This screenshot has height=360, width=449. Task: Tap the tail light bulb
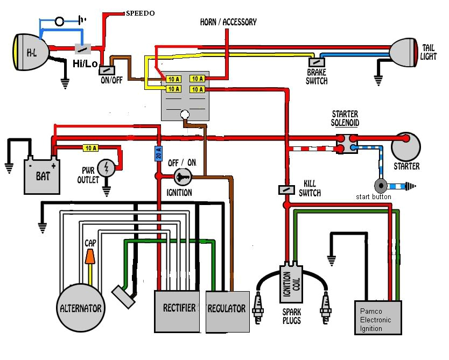405,53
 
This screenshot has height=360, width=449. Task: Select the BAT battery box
41,175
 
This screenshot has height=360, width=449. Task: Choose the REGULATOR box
228,312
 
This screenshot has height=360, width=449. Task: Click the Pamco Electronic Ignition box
379,317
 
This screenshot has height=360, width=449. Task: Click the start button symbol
381,186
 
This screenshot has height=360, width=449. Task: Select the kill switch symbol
286,189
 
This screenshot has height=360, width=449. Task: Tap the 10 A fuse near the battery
90,147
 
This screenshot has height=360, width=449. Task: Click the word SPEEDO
140,12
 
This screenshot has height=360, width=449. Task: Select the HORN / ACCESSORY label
228,23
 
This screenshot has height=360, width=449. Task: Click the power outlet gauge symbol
107,168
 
